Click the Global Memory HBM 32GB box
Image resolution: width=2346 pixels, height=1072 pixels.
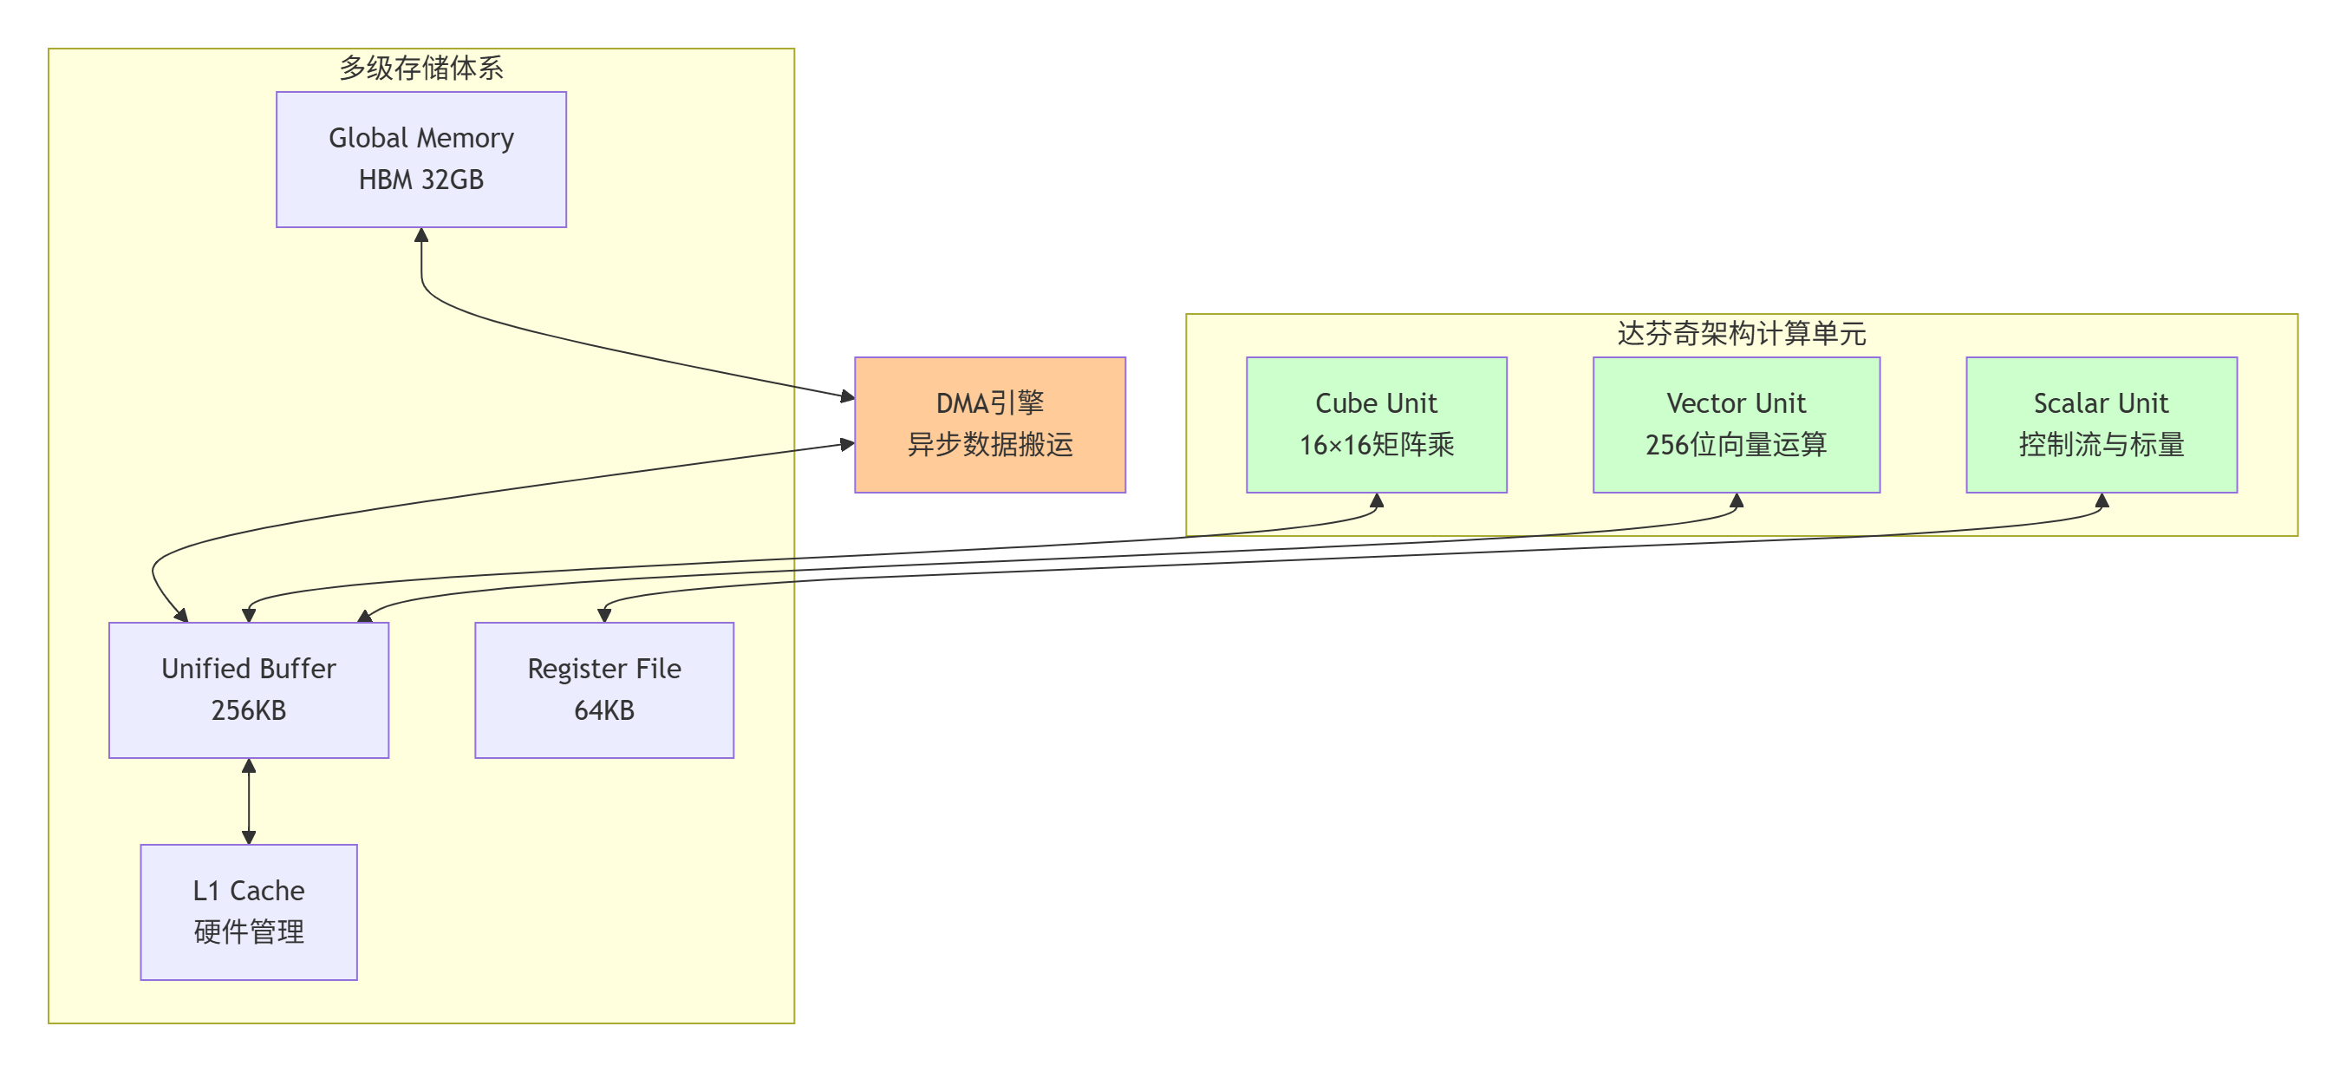[420, 160]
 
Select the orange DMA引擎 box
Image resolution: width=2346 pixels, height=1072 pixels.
[989, 424]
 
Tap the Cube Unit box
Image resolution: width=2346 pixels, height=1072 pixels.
[1375, 424]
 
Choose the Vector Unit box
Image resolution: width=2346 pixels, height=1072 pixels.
[1735, 424]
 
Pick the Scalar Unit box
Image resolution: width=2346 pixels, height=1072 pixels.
[2100, 424]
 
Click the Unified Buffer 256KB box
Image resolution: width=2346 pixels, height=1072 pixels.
[249, 690]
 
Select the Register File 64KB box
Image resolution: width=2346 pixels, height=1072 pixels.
[603, 690]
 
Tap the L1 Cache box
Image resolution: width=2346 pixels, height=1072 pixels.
[249, 912]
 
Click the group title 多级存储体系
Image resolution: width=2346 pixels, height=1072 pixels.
[420, 68]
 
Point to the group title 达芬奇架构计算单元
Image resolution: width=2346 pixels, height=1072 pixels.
[1740, 333]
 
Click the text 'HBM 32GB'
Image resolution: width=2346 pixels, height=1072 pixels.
[420, 180]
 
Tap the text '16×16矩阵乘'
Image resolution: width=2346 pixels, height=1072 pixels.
[1375, 444]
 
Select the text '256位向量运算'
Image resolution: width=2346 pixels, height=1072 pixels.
[1735, 444]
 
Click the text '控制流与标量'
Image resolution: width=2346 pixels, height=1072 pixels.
[2100, 444]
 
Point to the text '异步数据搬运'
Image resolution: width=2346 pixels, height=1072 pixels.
[989, 444]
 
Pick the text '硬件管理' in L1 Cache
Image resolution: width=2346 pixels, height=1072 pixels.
[249, 931]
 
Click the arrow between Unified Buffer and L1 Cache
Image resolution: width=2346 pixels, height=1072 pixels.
[249, 801]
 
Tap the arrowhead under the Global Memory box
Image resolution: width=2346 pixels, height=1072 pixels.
[420, 235]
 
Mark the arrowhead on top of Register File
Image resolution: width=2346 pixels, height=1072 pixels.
[603, 616]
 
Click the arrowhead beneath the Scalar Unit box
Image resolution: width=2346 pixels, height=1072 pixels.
[2101, 500]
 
